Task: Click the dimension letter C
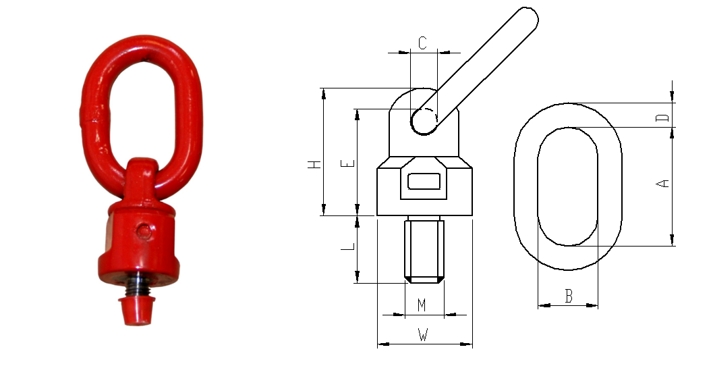tap(422, 43)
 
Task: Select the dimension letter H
tap(315, 164)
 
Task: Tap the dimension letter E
tap(349, 163)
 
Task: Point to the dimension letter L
tap(348, 247)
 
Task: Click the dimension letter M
tap(422, 305)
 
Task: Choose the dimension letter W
tap(422, 335)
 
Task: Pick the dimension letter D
tap(663, 118)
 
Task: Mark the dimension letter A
tap(663, 184)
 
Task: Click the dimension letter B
tap(569, 296)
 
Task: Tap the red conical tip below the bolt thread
tap(137, 311)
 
